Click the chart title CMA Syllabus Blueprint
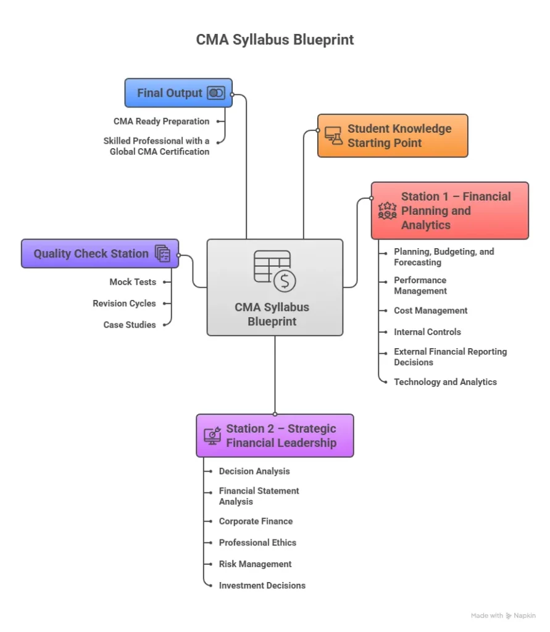(275, 40)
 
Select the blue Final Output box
(178, 93)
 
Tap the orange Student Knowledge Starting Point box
(393, 136)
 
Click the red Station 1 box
(449, 210)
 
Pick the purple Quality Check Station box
(99, 254)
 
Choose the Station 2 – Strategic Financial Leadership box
(275, 436)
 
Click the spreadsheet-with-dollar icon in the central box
(275, 270)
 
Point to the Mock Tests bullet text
(133, 282)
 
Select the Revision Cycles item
(124, 304)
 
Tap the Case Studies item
(130, 325)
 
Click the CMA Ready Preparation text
(161, 122)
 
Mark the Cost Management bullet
(430, 311)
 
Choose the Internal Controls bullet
(427, 332)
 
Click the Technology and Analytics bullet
(445, 382)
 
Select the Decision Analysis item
(254, 472)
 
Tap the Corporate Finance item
(256, 522)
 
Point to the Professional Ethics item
(257, 543)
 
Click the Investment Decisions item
(262, 586)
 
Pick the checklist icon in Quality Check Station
(162, 254)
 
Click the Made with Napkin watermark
(502, 616)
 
